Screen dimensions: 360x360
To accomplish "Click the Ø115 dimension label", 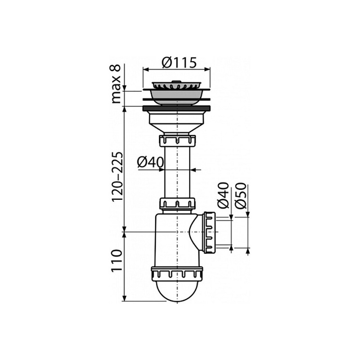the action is click(x=179, y=63).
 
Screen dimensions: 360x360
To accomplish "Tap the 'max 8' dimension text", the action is click(x=116, y=84).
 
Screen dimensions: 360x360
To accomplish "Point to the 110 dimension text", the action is click(x=117, y=261).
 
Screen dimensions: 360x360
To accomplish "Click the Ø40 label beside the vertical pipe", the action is click(x=150, y=162).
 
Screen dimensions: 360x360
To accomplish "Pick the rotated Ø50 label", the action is click(x=241, y=196).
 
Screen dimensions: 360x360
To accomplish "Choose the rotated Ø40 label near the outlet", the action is click(x=223, y=195).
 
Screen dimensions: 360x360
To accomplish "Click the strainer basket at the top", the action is click(x=176, y=88).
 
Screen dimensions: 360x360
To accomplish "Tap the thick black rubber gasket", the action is click(x=176, y=108).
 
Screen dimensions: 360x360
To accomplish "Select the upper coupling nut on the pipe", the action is click(x=177, y=141).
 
